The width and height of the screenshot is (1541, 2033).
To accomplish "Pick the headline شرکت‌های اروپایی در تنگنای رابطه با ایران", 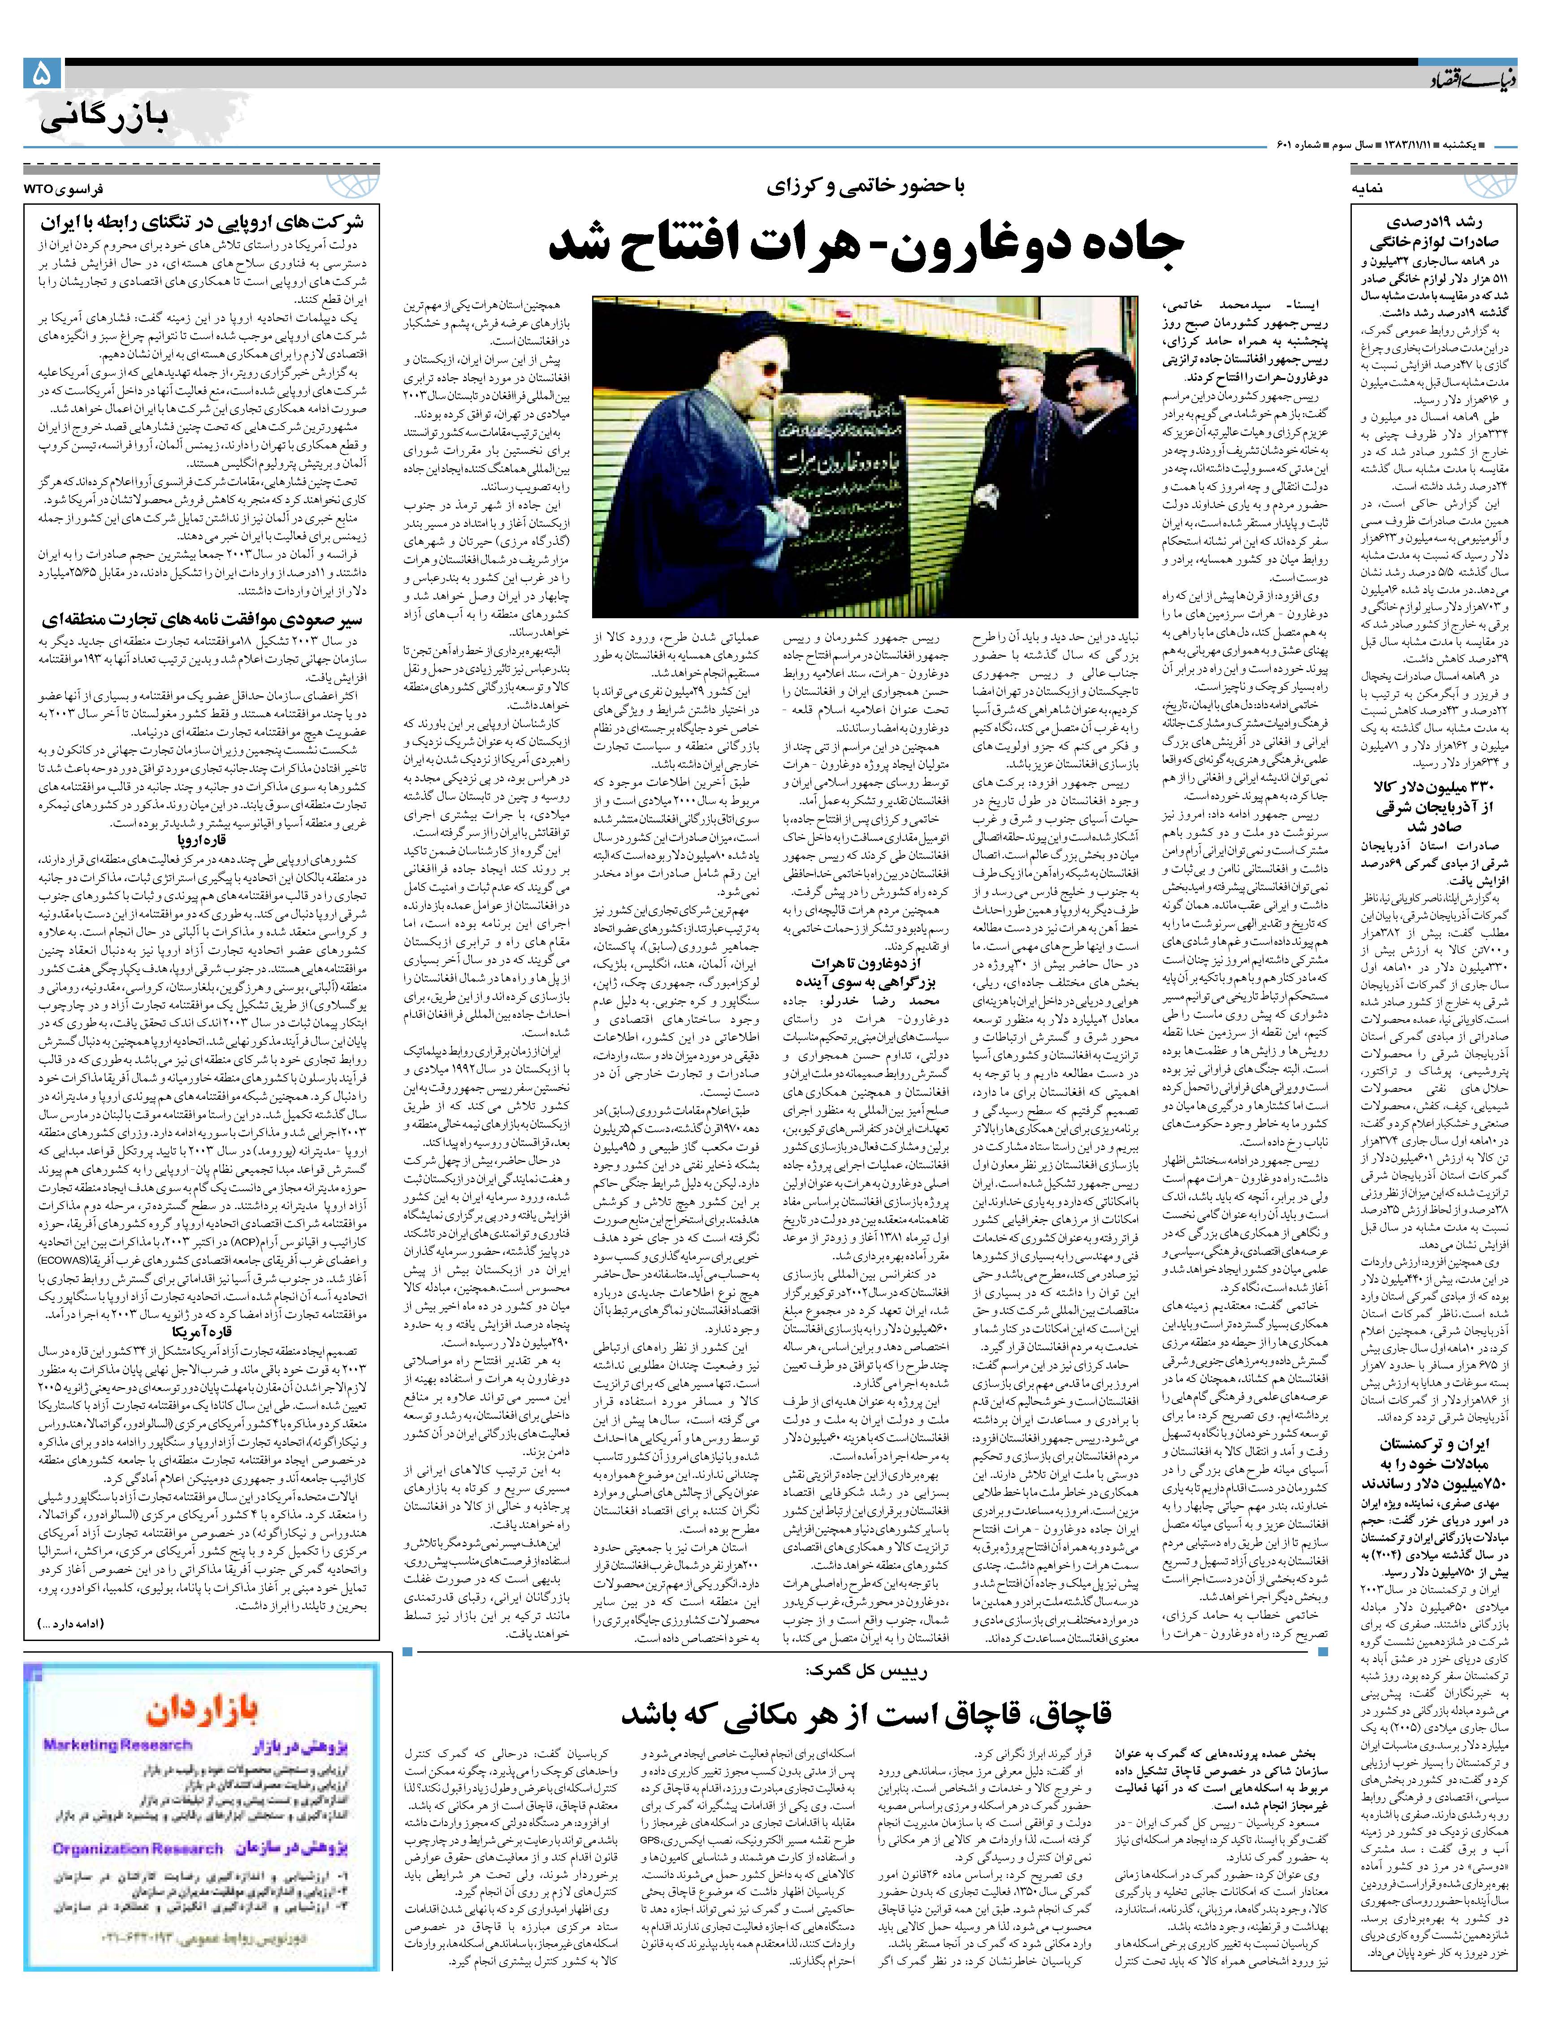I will pyautogui.click(x=202, y=222).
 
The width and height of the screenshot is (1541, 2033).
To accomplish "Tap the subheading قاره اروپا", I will pyautogui.click(x=202, y=840).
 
